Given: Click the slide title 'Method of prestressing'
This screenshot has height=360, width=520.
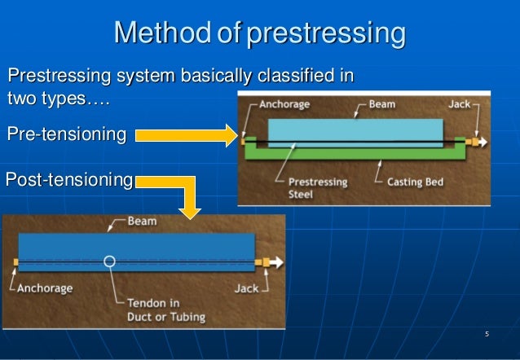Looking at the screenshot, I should [260, 33].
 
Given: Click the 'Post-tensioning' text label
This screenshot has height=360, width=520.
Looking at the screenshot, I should [68, 178].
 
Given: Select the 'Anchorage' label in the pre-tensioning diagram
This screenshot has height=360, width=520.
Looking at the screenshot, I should [285, 104].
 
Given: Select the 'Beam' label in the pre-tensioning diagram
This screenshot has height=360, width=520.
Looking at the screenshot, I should [382, 104].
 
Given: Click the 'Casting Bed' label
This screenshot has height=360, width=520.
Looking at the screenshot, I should [415, 182].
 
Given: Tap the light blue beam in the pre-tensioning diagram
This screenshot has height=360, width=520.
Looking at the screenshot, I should [355, 130].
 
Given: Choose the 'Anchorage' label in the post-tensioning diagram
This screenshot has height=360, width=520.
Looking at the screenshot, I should [43, 288].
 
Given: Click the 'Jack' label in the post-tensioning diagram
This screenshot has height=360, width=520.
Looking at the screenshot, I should [247, 288].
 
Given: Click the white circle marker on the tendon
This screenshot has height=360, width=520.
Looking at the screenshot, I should [110, 262].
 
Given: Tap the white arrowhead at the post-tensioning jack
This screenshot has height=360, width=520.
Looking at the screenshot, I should [279, 262].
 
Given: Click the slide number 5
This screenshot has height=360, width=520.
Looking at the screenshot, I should [487, 335].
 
